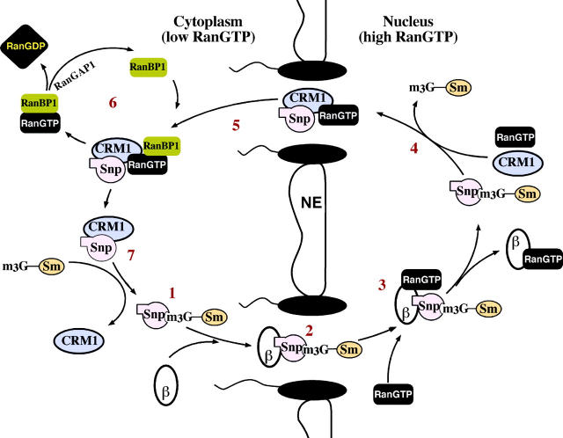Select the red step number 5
click(236, 126)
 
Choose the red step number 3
click(381, 284)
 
